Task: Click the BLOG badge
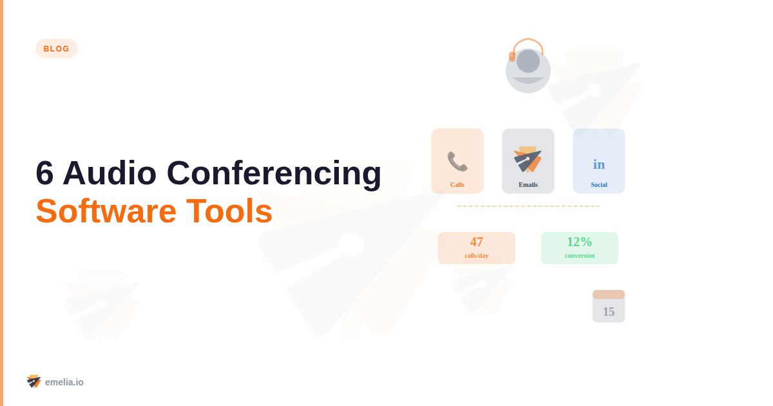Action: point(57,48)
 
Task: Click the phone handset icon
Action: point(457,161)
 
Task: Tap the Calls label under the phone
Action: point(457,185)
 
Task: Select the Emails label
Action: point(528,185)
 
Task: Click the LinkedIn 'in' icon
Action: point(599,164)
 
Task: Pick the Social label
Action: point(599,185)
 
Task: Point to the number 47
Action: point(477,242)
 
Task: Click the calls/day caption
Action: point(477,256)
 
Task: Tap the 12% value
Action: point(580,242)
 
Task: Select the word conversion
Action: point(580,256)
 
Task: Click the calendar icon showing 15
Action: point(609,307)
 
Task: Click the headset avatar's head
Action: point(528,62)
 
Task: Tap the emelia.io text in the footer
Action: point(64,382)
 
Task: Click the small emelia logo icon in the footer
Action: point(34,382)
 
